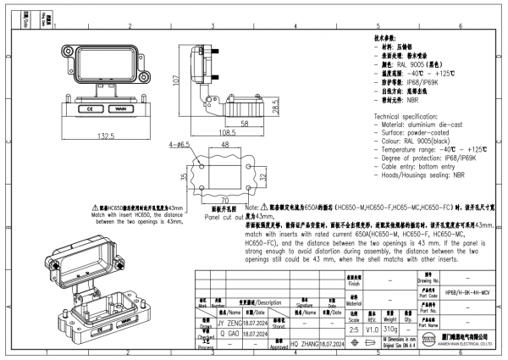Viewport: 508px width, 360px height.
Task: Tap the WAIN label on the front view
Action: pyautogui.click(x=119, y=109)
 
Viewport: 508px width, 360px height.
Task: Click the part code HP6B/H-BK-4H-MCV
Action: pyautogui.click(x=467, y=291)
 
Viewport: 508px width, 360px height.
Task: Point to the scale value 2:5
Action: pyautogui.click(x=354, y=327)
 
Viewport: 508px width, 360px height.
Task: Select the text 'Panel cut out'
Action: pyautogui.click(x=224, y=216)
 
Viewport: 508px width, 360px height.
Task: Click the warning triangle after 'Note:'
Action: pyautogui.click(x=263, y=206)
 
